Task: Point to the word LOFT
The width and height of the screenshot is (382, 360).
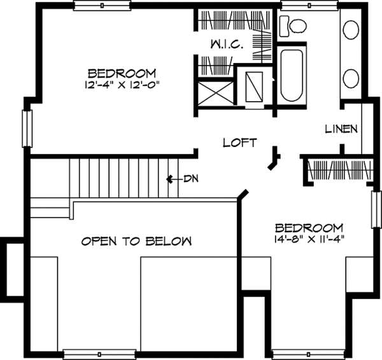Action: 239,143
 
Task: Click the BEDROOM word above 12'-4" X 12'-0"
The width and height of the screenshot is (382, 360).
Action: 122,73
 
